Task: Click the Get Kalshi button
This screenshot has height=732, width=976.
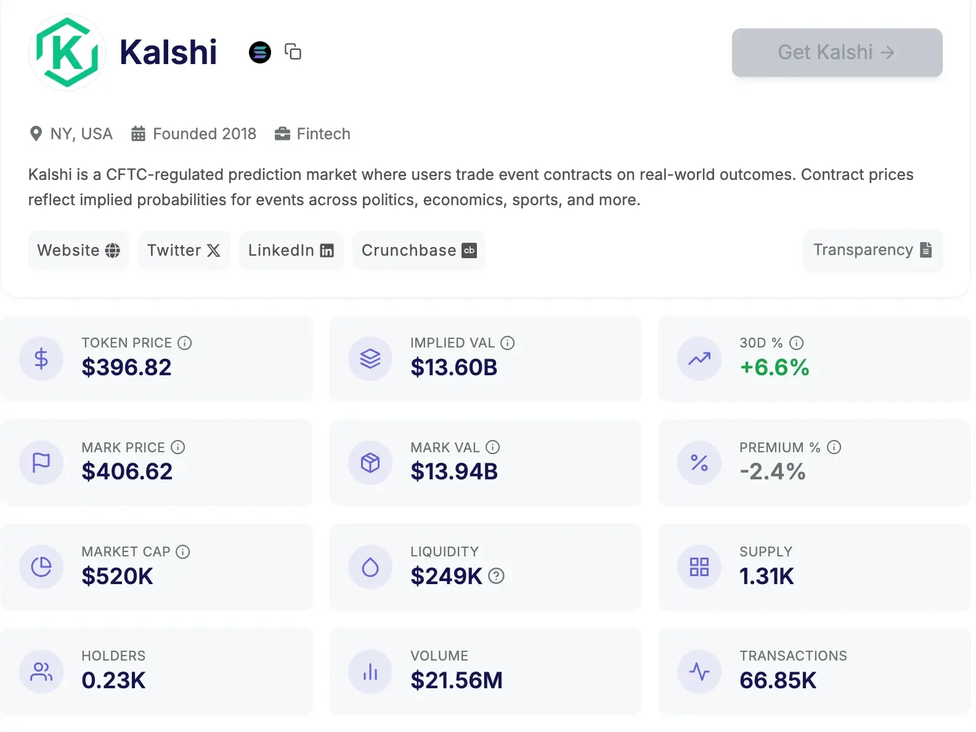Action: [x=837, y=52]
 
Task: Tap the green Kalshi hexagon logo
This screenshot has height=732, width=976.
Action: [x=67, y=52]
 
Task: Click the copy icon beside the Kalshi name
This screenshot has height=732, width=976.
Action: [x=293, y=52]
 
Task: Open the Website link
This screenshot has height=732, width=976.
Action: [x=78, y=250]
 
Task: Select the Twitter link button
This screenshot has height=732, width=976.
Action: [x=184, y=250]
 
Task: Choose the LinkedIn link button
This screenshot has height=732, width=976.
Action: [x=291, y=250]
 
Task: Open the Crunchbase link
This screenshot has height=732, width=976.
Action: [x=418, y=250]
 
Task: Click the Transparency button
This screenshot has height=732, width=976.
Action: [x=872, y=250]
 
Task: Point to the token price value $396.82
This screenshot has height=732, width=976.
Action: [x=126, y=367]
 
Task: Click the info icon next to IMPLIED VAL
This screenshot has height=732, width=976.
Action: [x=507, y=343]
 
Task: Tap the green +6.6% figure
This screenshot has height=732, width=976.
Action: [x=775, y=367]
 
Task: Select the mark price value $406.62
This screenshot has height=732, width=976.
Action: [x=127, y=471]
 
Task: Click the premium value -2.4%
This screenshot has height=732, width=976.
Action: [x=773, y=471]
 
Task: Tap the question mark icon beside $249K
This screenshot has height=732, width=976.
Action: [x=496, y=576]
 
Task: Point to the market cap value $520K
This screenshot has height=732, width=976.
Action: [x=117, y=576]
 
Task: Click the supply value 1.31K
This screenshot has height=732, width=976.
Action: [x=767, y=576]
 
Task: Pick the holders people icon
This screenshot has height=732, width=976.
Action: [x=41, y=672]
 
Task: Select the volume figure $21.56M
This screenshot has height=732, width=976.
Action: [x=457, y=680]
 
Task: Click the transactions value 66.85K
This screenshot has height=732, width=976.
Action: [x=778, y=680]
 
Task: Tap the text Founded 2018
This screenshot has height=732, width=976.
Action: [x=204, y=134]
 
